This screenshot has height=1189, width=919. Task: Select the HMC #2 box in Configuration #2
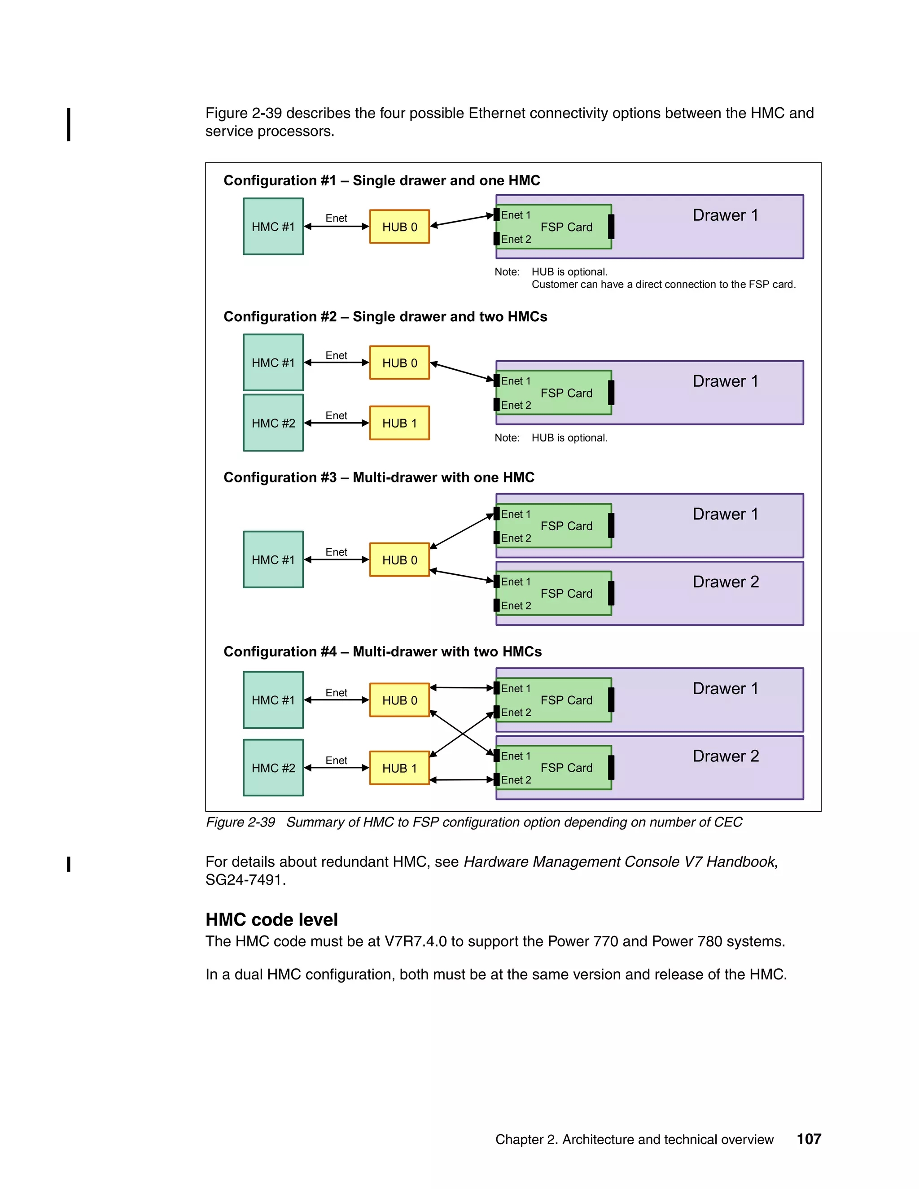coord(273,423)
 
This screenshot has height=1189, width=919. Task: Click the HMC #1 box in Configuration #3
coord(273,560)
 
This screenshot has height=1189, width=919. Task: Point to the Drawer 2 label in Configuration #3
coord(725,582)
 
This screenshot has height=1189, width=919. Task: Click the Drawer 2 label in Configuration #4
coord(725,756)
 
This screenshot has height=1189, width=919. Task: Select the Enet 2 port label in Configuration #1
coord(516,240)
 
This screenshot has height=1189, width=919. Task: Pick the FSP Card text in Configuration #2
coord(566,393)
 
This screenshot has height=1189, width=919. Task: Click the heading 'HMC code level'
coord(271,919)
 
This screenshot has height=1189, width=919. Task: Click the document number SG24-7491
coord(245,880)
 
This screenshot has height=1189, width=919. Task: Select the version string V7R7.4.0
coord(416,941)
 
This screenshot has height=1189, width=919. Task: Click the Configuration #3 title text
coord(379,477)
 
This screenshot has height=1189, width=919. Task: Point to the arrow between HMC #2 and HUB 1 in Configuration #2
coord(336,423)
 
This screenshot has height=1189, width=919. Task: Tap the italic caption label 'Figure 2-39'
coord(240,822)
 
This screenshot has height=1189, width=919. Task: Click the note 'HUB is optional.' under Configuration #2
coord(569,438)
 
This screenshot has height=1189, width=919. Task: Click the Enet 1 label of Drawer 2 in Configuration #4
coord(515,756)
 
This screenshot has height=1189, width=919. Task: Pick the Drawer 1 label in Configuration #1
coord(725,215)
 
